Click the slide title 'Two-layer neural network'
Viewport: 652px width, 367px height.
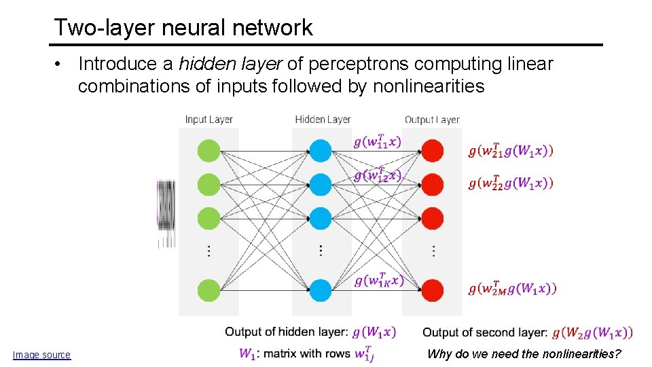(183, 27)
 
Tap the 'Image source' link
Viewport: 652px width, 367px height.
(41, 355)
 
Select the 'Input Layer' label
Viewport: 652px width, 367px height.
(209, 120)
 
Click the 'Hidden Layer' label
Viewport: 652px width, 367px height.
(323, 120)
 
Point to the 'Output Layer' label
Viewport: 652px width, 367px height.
(432, 120)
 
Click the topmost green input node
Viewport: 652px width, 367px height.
(209, 150)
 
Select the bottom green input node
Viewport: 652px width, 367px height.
(209, 290)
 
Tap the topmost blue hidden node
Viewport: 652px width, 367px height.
(321, 150)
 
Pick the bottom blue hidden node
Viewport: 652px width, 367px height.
(321, 290)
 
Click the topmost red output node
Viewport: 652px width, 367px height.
(433, 150)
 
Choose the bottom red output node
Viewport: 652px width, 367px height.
(433, 290)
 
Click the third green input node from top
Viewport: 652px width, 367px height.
(209, 219)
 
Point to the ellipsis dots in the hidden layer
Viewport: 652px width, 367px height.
(321, 251)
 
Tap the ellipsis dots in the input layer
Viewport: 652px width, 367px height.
(209, 251)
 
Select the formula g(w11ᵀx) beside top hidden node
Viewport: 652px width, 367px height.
(377, 141)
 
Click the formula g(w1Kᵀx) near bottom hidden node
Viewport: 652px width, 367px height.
(379, 280)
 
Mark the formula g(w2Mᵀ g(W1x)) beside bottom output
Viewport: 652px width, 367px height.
(512, 288)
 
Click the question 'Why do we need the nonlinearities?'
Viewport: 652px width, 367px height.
(524, 354)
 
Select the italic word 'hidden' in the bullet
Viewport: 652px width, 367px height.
(200, 64)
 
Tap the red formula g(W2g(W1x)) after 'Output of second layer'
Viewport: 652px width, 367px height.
(592, 332)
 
